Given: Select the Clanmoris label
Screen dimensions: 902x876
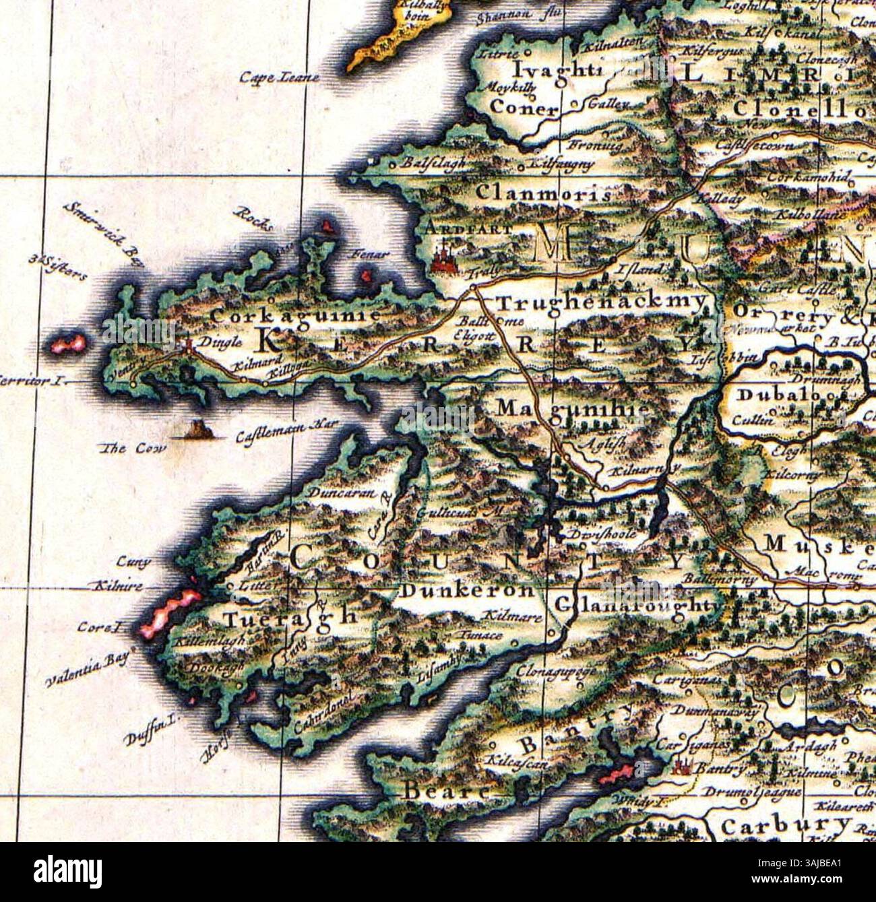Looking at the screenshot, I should click(x=542, y=193).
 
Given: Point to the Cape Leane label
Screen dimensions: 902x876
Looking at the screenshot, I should click(x=278, y=78).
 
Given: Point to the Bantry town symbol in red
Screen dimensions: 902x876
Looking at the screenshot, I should click(x=685, y=767).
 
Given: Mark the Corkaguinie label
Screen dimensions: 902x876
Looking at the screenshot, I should click(x=296, y=315).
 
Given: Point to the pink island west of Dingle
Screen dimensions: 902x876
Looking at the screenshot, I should click(x=69, y=344).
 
